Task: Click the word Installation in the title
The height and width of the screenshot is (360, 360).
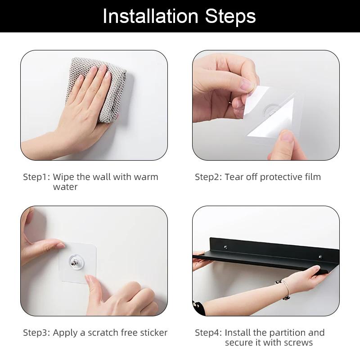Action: (150, 16)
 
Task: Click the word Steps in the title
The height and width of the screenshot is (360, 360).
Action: (230, 16)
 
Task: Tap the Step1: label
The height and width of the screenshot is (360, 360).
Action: (36, 177)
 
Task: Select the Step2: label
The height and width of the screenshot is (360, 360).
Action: (208, 177)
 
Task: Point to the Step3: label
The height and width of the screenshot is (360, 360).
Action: (36, 333)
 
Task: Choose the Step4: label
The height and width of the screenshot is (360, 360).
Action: (208, 333)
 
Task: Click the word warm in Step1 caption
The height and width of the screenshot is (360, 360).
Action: (146, 177)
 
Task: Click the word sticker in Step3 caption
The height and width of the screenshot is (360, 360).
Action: (153, 333)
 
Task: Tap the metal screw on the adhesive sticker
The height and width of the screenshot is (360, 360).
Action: (74, 263)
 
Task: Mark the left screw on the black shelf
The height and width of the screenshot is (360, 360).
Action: (226, 247)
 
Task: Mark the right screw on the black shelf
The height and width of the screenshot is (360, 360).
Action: (320, 256)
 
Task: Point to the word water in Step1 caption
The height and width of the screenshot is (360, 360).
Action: (65, 187)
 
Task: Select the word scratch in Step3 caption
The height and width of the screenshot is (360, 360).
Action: (103, 333)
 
